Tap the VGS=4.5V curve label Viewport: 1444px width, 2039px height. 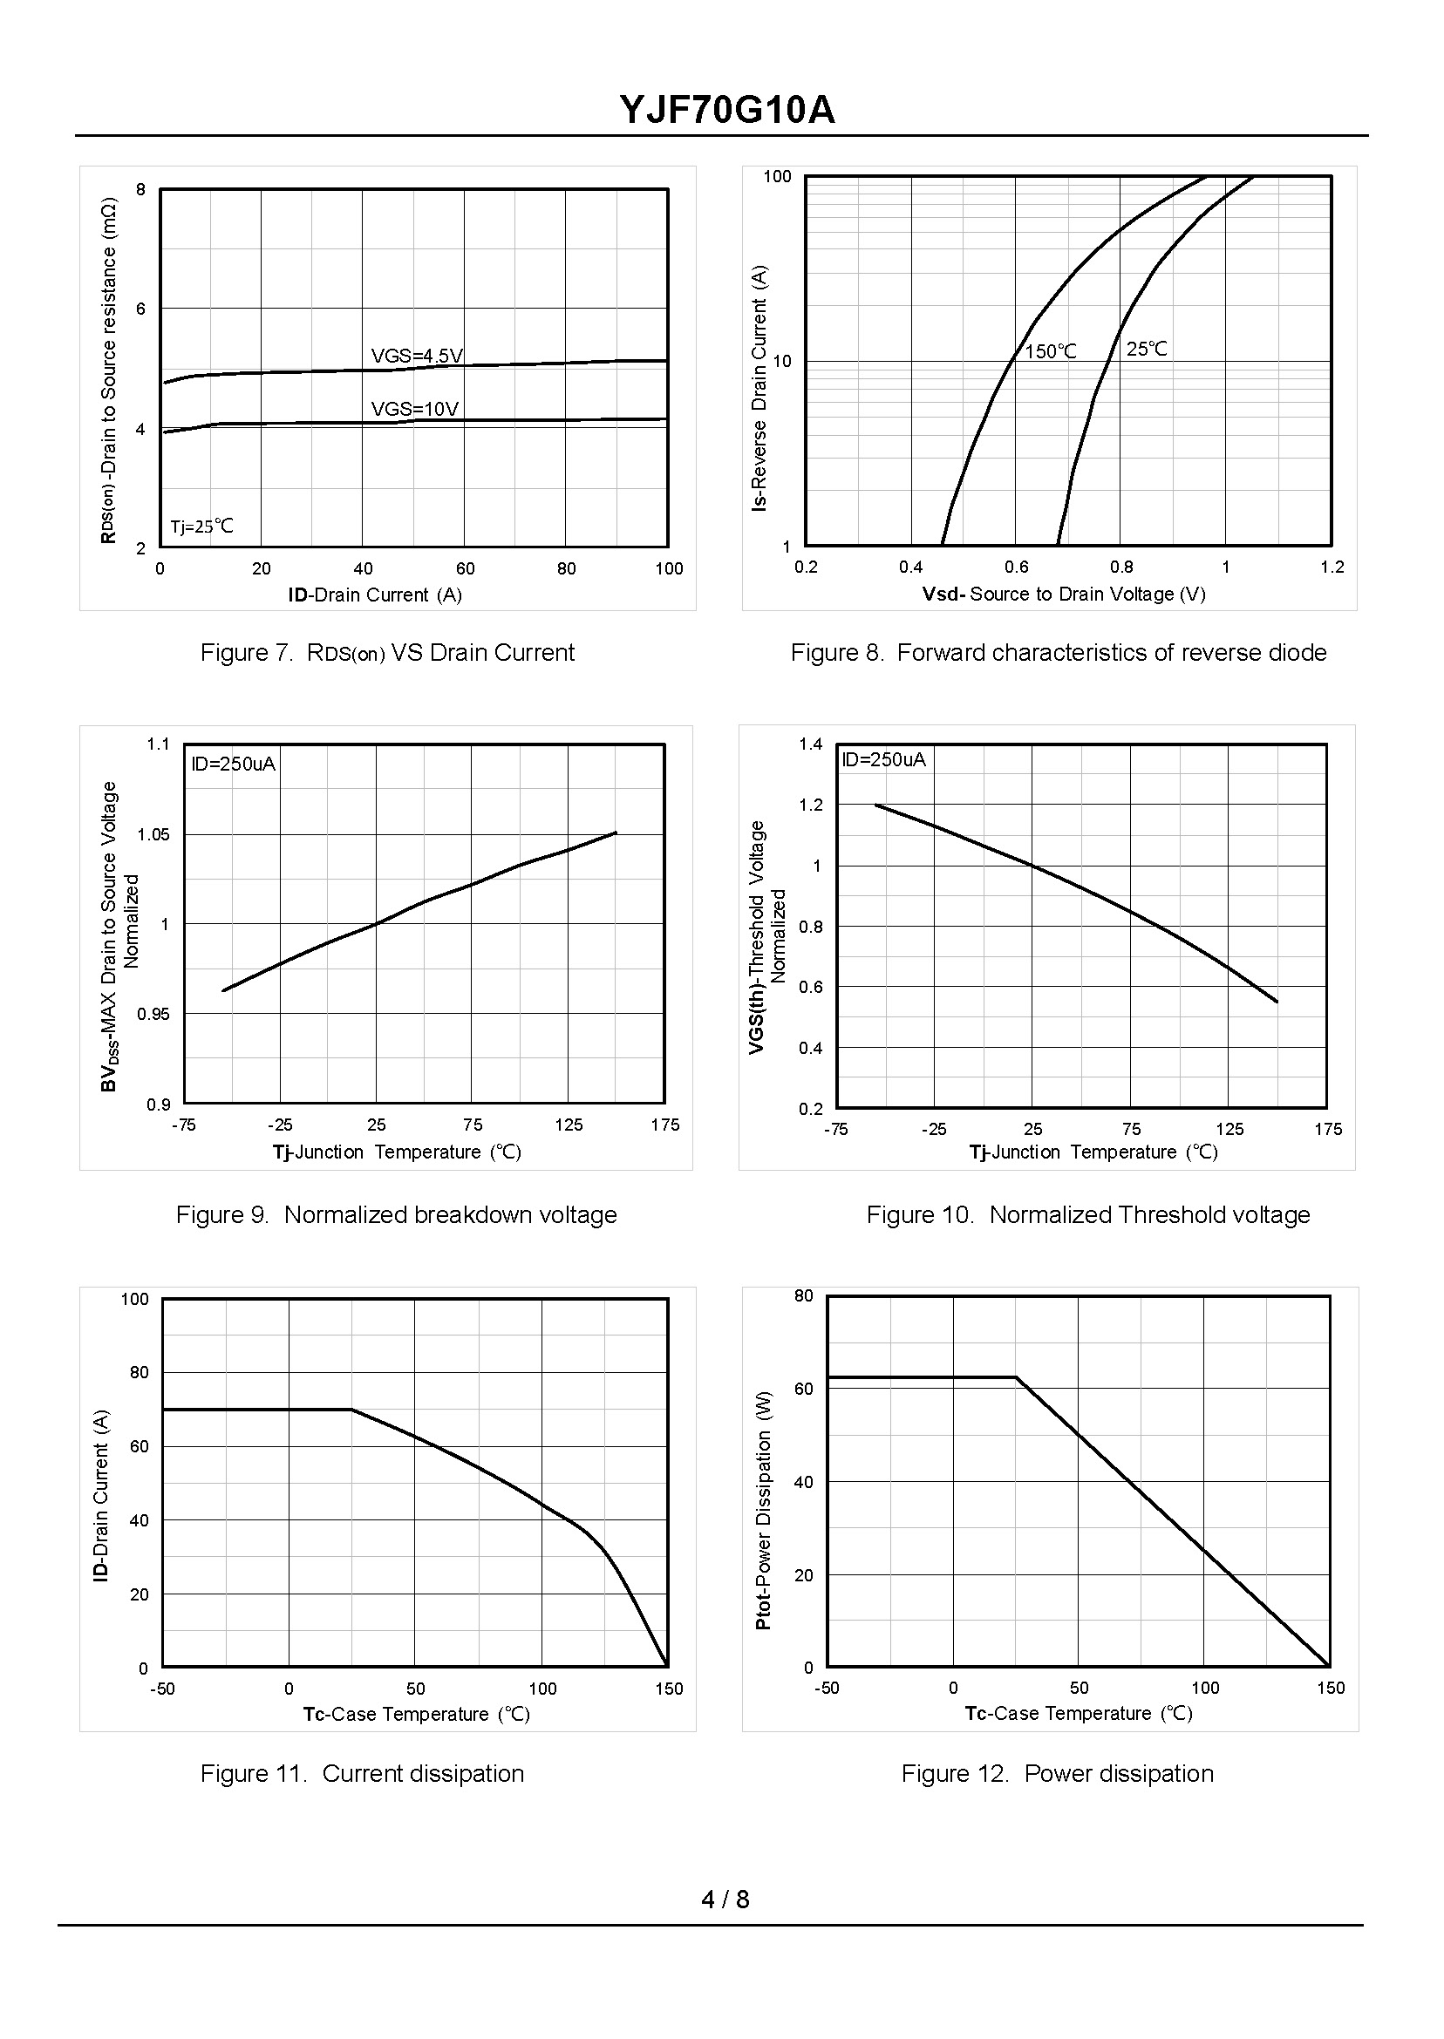click(x=416, y=357)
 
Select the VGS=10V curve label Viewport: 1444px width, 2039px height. click(x=414, y=409)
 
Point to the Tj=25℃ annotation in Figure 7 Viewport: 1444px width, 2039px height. click(x=201, y=527)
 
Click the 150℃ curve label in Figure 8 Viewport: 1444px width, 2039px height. click(x=1050, y=352)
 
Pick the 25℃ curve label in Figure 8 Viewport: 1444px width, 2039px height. click(x=1146, y=350)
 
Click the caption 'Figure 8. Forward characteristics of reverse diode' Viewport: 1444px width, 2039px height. click(x=1058, y=652)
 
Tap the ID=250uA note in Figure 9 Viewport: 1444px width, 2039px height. click(x=233, y=764)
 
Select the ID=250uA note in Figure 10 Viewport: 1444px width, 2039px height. click(x=883, y=759)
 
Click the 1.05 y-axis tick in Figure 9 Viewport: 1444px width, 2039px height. click(x=153, y=834)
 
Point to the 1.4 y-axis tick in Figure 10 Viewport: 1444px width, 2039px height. click(x=810, y=744)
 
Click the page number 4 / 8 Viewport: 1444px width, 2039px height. click(x=725, y=1900)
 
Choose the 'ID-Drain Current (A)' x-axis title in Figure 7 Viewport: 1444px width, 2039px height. click(x=374, y=595)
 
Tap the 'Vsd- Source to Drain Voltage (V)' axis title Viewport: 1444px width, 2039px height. click(x=1064, y=594)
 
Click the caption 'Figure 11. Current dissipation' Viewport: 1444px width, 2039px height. click(x=362, y=1773)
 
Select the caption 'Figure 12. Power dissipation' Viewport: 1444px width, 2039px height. click(x=1057, y=1773)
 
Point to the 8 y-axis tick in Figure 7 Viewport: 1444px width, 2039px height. click(x=140, y=189)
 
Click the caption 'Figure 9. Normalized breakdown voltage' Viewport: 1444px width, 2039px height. click(x=396, y=1214)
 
